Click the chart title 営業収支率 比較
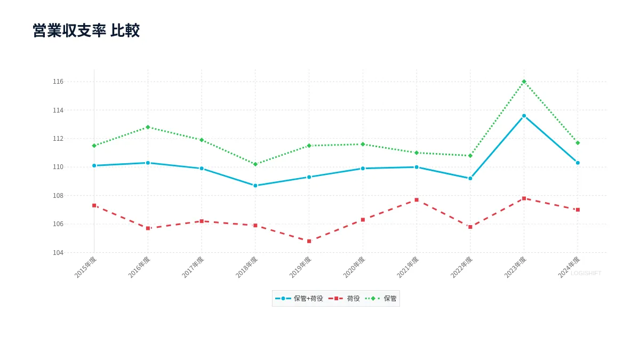point(86,30)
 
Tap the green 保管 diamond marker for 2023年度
point(524,82)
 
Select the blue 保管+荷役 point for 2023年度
point(524,116)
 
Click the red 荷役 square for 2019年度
point(309,241)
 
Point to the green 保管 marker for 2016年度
point(148,127)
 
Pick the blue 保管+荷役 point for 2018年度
point(255,186)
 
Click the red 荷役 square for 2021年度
point(417,199)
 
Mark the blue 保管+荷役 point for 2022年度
point(470,178)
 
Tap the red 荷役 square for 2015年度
point(94,205)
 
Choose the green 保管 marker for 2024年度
point(578,143)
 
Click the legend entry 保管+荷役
point(299,298)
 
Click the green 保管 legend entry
point(381,298)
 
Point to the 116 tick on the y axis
point(58,82)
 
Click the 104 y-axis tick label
point(58,253)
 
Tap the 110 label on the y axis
point(58,167)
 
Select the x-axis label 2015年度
point(85,267)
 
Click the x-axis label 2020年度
point(354,267)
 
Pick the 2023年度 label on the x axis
point(515,267)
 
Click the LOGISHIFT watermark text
point(586,273)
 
